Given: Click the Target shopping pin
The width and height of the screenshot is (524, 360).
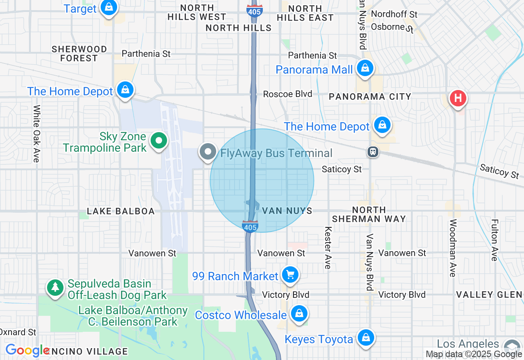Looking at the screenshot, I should coord(108,7).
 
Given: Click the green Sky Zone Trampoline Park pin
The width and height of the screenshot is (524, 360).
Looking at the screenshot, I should coord(159,141).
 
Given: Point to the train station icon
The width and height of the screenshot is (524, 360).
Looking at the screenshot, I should coord(373,152).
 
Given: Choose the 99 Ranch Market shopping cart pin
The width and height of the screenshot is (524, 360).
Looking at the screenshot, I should coord(291,275).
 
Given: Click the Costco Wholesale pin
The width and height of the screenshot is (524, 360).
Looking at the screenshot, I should coord(299,314).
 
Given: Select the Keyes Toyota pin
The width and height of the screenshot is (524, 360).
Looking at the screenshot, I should coord(366,338).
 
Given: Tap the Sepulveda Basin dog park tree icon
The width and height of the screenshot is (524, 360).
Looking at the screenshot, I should coord(55,287).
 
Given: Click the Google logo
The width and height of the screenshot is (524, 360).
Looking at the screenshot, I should coord(27,350).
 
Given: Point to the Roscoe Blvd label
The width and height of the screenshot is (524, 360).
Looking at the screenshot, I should coord(287,94).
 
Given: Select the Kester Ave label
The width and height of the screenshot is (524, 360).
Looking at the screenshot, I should coord(327,248).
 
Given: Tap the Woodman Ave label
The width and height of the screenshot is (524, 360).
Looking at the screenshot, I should coord(453,248).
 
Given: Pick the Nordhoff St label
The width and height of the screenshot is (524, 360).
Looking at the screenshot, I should coord(394,14).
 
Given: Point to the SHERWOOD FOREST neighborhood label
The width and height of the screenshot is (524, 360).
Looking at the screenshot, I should coord(79,54).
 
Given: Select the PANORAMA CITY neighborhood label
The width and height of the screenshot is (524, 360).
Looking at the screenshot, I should coord(370,97).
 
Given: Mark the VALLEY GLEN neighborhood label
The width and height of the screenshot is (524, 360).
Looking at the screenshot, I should coord(489,295).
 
